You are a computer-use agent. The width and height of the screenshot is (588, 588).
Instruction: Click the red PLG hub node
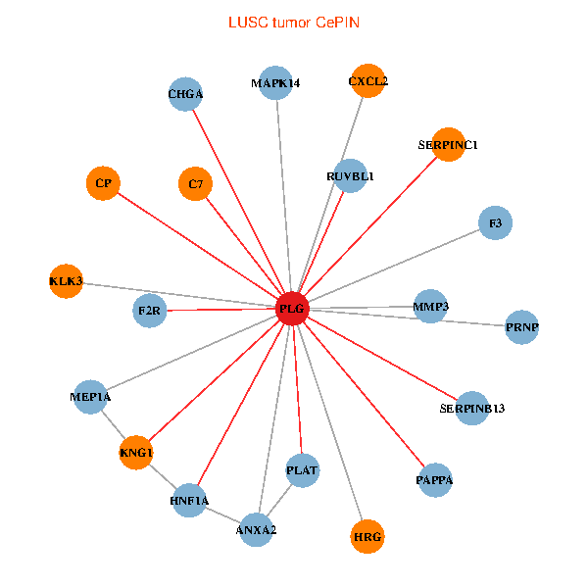point(292,309)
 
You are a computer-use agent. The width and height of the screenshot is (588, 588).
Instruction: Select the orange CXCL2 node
point(367,81)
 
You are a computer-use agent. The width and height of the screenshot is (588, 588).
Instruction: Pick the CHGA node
point(185,94)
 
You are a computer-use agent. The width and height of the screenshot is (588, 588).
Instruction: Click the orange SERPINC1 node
point(448,145)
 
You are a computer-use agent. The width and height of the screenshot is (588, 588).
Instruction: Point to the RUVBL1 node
point(350,175)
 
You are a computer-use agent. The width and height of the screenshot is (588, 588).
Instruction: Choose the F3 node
point(495,223)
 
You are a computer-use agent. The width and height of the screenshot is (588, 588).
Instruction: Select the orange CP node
point(103,183)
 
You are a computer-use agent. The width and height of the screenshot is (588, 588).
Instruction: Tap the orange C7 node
point(196,183)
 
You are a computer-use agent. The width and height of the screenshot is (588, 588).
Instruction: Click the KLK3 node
point(66,282)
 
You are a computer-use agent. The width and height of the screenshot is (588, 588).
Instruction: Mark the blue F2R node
point(149,311)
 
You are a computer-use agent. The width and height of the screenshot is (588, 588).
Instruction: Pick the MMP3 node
point(430,307)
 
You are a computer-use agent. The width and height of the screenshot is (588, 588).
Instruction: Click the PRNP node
point(522,326)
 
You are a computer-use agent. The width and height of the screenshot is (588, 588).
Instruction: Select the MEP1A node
point(90,397)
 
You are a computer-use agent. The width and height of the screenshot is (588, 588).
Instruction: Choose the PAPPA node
point(434,480)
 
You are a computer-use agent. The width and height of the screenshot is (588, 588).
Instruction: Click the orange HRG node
point(367,536)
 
